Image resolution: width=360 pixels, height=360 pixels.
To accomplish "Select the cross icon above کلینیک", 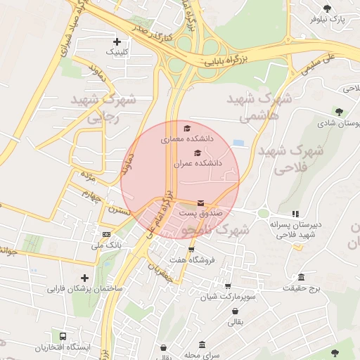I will coord(117,41).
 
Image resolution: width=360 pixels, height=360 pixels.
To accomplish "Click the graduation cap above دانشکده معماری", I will coord(187,128).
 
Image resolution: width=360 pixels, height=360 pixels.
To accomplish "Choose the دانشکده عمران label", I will coord(198,163).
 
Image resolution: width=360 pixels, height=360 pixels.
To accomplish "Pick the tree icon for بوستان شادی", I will coord(339,111).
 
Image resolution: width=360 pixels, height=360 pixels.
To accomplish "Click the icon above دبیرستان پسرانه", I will coord(296,214).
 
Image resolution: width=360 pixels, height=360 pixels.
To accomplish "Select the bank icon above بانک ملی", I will coord(106,234).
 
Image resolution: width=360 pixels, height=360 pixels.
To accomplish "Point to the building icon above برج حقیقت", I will coord(301,277).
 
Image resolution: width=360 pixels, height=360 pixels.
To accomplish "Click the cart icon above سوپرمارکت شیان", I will coord(227,285).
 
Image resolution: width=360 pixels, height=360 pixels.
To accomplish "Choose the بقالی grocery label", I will coord(233,322).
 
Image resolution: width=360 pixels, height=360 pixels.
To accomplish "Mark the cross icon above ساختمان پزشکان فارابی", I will coord(85,278).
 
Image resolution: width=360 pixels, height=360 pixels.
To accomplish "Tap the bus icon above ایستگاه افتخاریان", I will coord(64,336).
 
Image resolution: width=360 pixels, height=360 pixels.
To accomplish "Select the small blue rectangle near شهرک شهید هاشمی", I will coord(238,143).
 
